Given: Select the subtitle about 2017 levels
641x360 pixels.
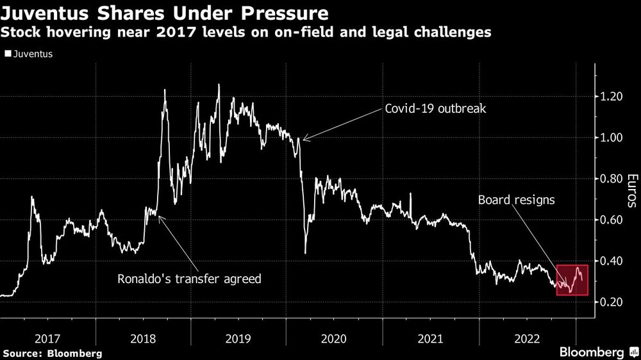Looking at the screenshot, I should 247,32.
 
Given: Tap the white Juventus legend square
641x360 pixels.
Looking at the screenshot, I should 8,54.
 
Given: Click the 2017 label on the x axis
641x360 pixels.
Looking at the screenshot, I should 47,338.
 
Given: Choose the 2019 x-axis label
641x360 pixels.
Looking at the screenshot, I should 239,338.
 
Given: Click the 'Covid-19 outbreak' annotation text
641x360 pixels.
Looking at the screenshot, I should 435,109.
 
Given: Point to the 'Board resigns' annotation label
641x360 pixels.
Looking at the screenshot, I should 517,200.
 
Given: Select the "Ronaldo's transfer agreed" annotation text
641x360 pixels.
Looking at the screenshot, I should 189,279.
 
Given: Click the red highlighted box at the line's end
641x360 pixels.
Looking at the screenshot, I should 572,280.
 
